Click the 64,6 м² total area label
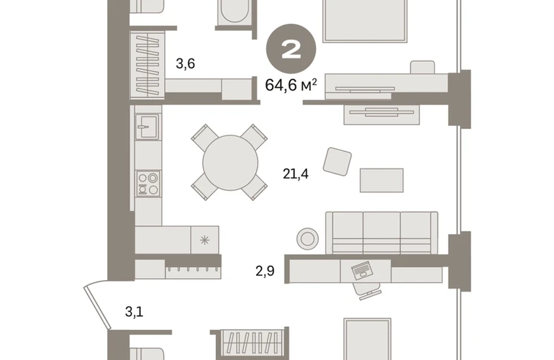291,85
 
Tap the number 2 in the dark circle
291,50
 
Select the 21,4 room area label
296,174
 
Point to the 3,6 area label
186,63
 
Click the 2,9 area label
265,271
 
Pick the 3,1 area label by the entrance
135,312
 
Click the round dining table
230,163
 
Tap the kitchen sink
147,127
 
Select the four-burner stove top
148,183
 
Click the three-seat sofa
381,233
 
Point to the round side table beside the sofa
308,239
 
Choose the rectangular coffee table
381,180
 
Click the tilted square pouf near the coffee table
337,161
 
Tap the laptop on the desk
362,271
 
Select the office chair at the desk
368,291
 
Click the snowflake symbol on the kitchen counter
204,240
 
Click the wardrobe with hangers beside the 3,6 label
147,65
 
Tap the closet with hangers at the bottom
252,343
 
